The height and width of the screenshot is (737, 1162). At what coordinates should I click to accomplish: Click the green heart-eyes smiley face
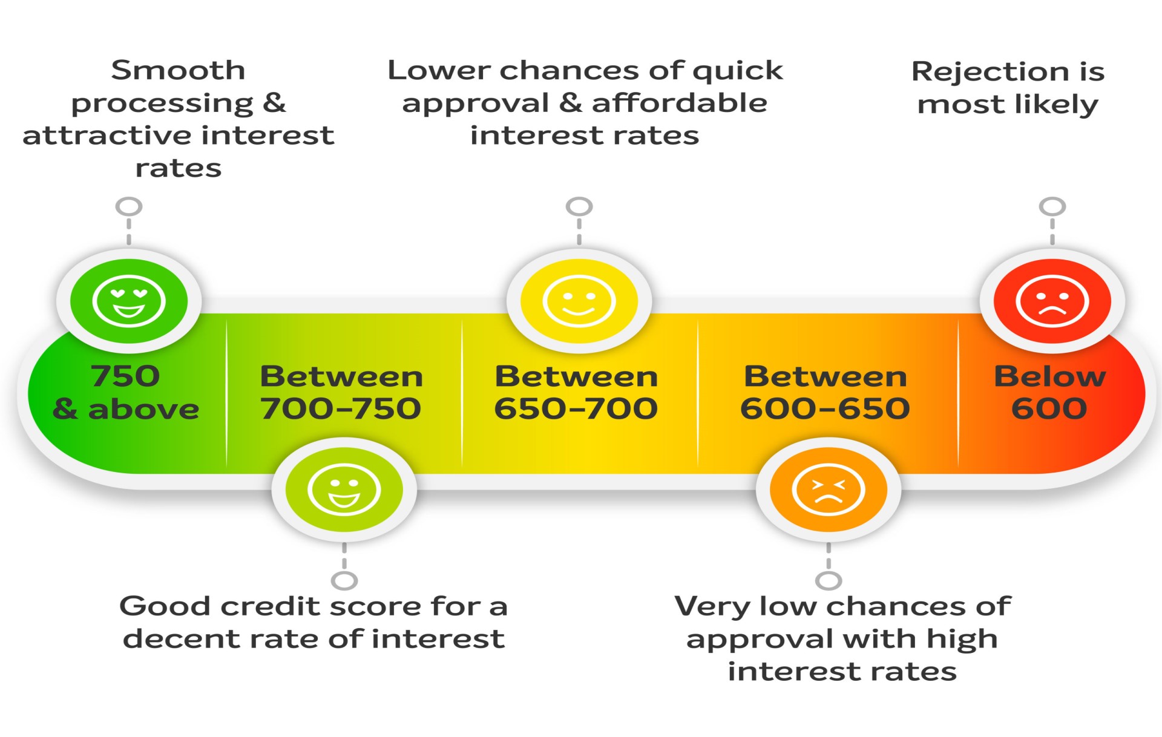(129, 301)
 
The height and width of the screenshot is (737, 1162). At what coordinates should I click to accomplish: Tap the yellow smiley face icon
(579, 301)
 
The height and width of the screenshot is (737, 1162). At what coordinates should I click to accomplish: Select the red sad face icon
(1052, 301)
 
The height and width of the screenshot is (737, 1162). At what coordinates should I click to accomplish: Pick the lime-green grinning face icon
(344, 490)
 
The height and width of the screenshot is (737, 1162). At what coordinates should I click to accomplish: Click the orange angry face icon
(829, 490)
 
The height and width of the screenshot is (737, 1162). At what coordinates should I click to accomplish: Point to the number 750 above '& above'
(126, 376)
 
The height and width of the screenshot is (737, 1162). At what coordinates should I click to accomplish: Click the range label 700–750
(341, 408)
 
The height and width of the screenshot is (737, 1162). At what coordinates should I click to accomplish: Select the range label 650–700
(576, 408)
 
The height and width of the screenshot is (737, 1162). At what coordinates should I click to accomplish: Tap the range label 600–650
(826, 408)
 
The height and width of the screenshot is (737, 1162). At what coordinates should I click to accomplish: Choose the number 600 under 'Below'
(1049, 408)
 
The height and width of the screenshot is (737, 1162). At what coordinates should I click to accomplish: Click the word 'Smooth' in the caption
(179, 70)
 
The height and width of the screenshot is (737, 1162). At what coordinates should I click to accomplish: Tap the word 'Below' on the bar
(1050, 376)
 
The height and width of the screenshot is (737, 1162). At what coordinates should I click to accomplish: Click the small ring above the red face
(1052, 206)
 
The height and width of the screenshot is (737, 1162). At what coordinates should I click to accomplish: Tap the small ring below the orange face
(829, 581)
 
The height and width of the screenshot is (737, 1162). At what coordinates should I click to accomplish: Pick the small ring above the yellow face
(579, 206)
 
